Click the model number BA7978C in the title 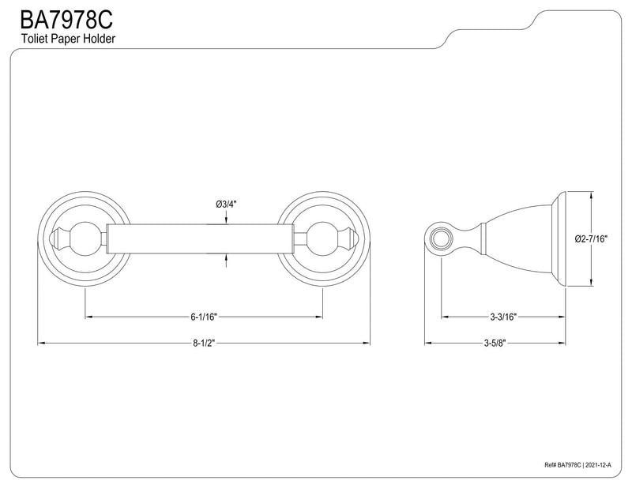click(66, 21)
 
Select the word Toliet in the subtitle click(33, 39)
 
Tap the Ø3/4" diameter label click(226, 205)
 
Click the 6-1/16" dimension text click(204, 317)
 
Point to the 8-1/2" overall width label click(204, 343)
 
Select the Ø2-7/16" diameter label click(591, 239)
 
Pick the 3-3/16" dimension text click(503, 317)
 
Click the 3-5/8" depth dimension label click(495, 343)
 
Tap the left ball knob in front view click(84, 239)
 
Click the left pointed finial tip click(51, 239)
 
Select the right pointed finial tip click(357, 239)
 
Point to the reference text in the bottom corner click(577, 465)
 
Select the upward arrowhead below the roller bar click(226, 257)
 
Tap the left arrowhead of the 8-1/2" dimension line click(41, 343)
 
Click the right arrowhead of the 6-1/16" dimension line click(319, 317)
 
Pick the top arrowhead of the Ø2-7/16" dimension click(591, 194)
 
